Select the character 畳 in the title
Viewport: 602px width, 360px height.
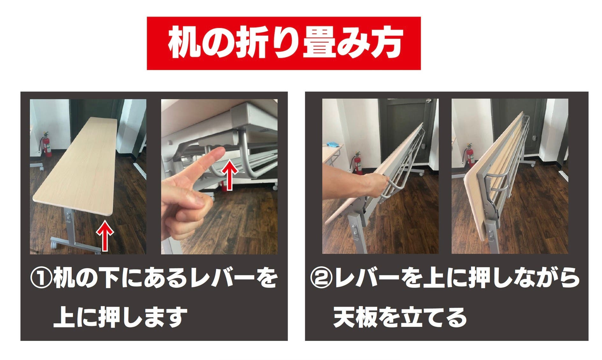coord(318,44)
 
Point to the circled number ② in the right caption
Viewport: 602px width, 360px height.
coord(321,277)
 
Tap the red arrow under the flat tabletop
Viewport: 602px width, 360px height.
coord(105,235)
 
